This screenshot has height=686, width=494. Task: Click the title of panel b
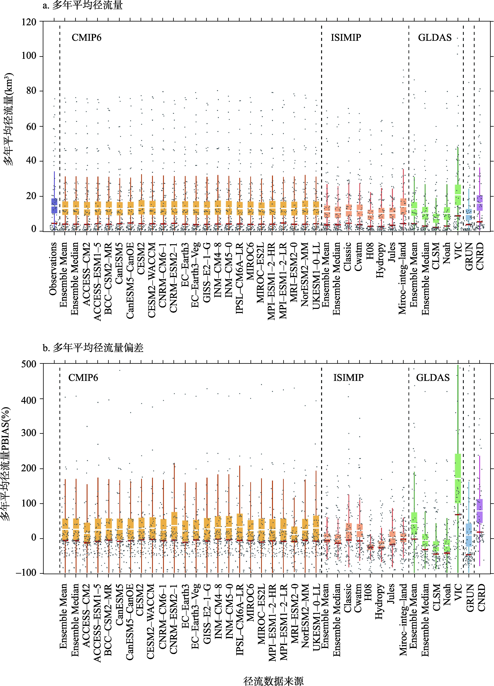pyautogui.click(x=93, y=348)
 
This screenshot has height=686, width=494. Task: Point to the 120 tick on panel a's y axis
pyautogui.click(x=29, y=22)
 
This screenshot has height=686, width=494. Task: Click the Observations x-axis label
pyautogui.click(x=53, y=269)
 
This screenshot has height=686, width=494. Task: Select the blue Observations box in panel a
pyautogui.click(x=54, y=206)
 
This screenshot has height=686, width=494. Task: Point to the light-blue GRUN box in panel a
pyautogui.click(x=469, y=214)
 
